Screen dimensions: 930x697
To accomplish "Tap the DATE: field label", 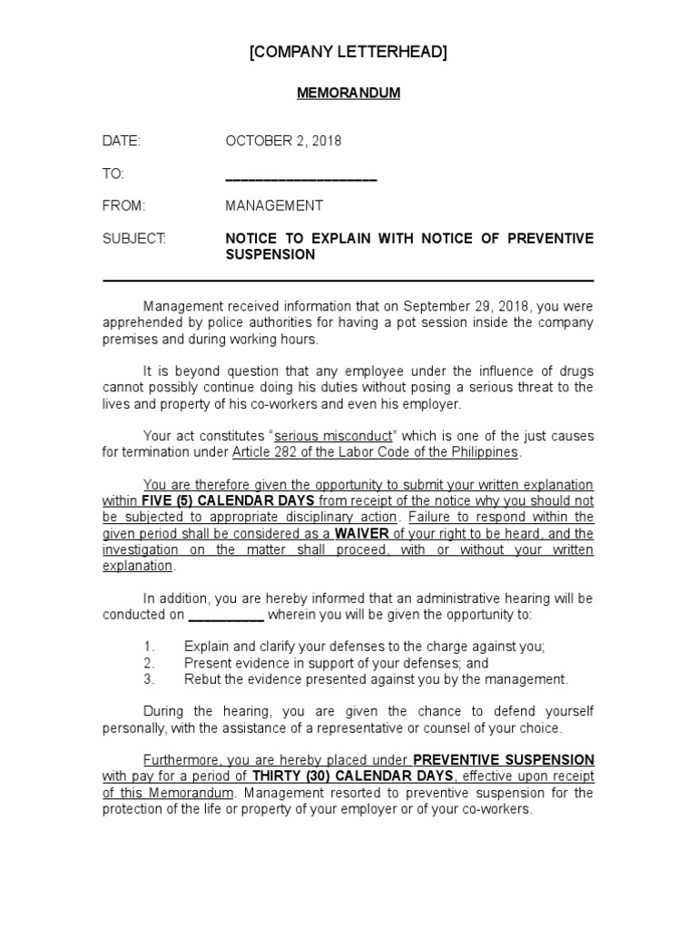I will pyautogui.click(x=122, y=141).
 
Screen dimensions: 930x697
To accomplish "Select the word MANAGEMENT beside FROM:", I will pyautogui.click(x=273, y=206).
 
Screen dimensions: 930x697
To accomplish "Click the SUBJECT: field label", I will pyautogui.click(x=134, y=239).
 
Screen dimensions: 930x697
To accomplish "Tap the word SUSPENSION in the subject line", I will pyautogui.click(x=270, y=255).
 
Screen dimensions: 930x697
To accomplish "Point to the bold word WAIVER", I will pyautogui.click(x=360, y=533).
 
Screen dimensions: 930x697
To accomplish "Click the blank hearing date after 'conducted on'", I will pyautogui.click(x=226, y=615).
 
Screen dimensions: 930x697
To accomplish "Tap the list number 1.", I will pyautogui.click(x=150, y=647).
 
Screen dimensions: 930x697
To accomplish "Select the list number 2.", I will pyautogui.click(x=150, y=663).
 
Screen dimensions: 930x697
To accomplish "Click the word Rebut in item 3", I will pyautogui.click(x=202, y=679).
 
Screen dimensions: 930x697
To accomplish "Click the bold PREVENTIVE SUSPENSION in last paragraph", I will pyautogui.click(x=504, y=760).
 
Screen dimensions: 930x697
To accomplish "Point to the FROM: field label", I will pyautogui.click(x=123, y=206).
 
